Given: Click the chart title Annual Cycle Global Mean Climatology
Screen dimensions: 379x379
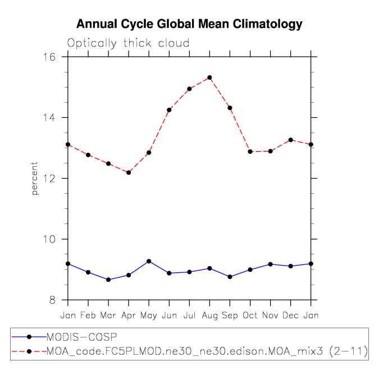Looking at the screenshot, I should click(x=189, y=24).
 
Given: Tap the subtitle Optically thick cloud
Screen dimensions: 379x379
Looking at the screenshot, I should click(x=129, y=43).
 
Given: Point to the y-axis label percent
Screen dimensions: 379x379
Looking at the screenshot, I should click(x=35, y=179).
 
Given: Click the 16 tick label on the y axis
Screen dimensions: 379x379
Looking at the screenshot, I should click(x=54, y=57).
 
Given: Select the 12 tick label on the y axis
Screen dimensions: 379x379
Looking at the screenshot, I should click(x=54, y=179).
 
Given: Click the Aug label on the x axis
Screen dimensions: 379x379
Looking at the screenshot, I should click(x=209, y=316).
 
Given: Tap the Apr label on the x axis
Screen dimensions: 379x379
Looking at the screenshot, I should click(x=129, y=316).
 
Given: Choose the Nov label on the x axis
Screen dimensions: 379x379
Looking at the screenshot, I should click(x=270, y=316).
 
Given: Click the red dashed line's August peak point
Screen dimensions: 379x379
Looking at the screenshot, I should click(x=209, y=77).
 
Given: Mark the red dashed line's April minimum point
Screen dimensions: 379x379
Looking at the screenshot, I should click(x=129, y=172).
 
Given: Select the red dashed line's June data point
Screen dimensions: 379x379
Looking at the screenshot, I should click(x=169, y=110).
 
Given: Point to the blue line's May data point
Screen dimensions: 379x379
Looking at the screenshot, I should click(x=149, y=261).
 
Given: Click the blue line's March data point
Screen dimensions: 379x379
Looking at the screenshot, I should click(x=108, y=280).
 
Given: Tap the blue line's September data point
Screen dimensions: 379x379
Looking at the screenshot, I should click(x=230, y=277).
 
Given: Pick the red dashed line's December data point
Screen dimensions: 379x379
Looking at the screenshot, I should click(x=290, y=140).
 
